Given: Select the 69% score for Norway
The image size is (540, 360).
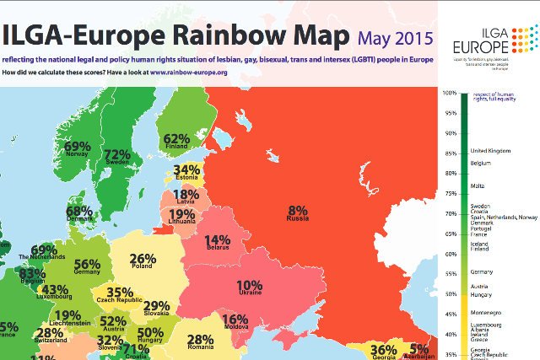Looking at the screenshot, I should tap(78, 147).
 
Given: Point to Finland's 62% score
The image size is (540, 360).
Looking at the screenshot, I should tap(176, 138).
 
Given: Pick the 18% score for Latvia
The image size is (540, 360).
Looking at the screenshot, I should tap(186, 196).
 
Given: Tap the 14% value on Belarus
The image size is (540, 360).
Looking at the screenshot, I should tap(218, 242).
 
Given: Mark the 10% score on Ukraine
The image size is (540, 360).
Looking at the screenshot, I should tap(250, 287).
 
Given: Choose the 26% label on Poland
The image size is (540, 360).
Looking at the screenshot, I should tap(143, 259).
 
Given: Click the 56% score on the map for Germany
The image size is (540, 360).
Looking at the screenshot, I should tap(88, 264).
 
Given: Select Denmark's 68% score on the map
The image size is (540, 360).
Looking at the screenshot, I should tap(79, 211).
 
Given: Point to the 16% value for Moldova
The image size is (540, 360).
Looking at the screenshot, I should tap(235, 320).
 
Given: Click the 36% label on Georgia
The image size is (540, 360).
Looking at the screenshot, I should tap(384, 350).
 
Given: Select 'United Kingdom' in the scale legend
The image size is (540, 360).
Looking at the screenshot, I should tap(493, 150).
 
